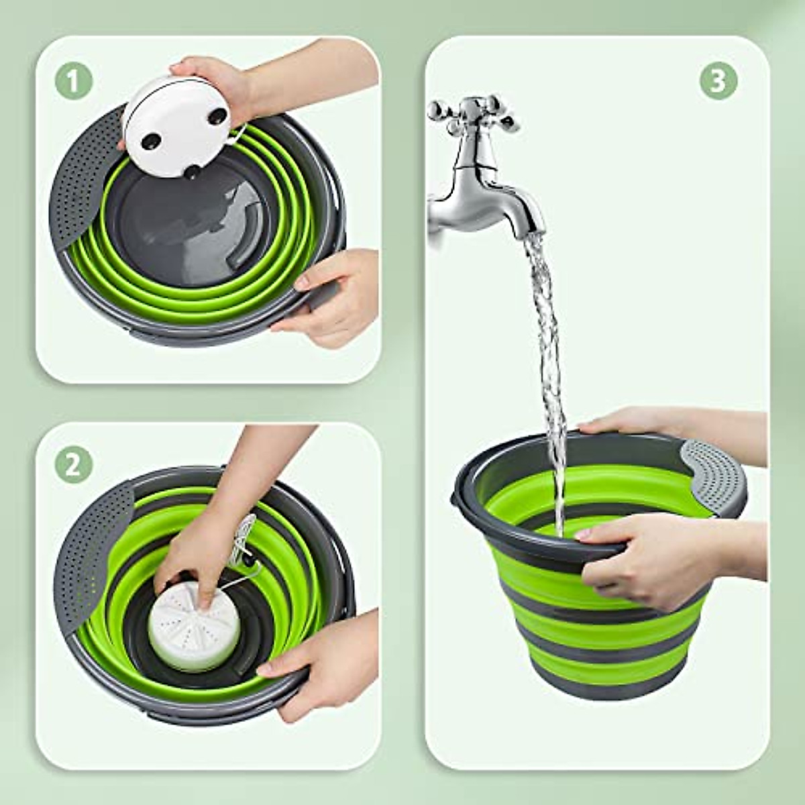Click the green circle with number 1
[x=73, y=82]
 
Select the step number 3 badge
[x=718, y=81]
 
